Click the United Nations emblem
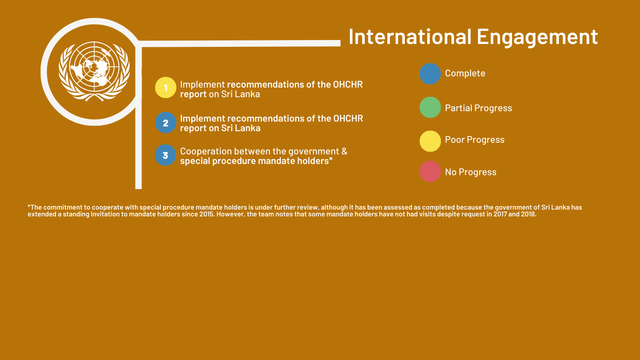point(94,72)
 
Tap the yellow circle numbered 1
point(166,88)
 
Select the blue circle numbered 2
point(166,122)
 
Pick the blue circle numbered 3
point(166,155)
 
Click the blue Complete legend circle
point(430,74)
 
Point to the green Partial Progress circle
point(430,108)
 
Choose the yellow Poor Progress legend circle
point(430,141)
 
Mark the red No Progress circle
point(430,172)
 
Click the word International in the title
point(410,36)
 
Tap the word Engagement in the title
point(538,38)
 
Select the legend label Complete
point(465,74)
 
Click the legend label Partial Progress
point(478,108)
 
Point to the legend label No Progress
point(471,172)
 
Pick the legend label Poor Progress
point(475,140)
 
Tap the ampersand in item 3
point(344,151)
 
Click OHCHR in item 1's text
point(348,84)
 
